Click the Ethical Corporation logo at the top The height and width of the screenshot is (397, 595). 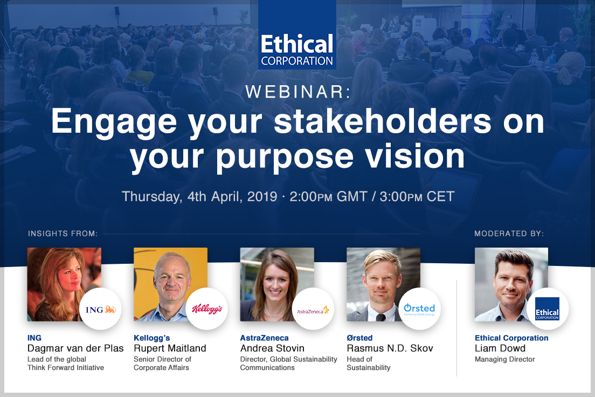coord(297,35)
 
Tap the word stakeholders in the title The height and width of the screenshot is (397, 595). coord(383,121)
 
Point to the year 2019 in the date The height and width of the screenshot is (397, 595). coord(262,197)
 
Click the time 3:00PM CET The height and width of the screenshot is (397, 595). coord(417,197)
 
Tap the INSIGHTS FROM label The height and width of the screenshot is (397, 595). coord(63,233)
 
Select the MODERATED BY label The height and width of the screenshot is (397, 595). coord(509,233)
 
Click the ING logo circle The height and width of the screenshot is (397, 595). coord(101,309)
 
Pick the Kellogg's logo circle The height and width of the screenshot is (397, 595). coord(207,309)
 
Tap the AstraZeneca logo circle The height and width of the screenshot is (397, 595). coord(313,309)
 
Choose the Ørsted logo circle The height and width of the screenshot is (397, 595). coord(419,309)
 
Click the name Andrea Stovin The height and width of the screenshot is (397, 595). coord(272,348)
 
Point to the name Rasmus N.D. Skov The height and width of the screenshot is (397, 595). coord(390,348)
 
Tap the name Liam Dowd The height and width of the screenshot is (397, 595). coord(500,348)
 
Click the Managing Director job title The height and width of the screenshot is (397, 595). coord(504,359)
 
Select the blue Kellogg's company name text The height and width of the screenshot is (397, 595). coord(152,338)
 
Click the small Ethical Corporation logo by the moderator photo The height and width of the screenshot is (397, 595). coord(547,309)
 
